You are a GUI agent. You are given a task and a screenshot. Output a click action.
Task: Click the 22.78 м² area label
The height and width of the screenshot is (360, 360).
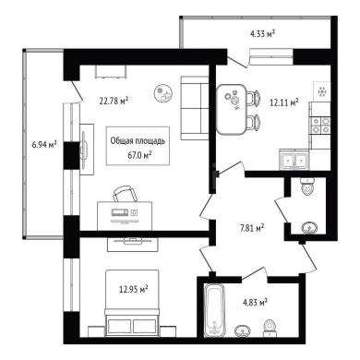[x=114, y=101]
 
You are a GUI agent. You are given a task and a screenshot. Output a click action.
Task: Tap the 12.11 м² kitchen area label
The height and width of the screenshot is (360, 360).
[x=284, y=102]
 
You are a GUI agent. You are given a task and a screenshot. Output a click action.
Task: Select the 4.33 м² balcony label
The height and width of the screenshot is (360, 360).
[x=262, y=33]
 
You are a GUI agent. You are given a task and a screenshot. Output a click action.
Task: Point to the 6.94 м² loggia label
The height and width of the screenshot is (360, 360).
[x=44, y=144]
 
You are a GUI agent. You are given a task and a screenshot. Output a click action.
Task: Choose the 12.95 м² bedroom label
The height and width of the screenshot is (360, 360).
[x=134, y=289]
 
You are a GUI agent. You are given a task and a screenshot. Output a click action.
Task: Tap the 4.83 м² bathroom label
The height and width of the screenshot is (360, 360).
[x=255, y=302]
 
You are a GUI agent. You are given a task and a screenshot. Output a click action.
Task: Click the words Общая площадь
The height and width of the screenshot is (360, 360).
[x=138, y=141]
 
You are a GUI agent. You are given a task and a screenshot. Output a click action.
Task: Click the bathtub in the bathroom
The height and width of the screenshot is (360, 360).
[x=215, y=310]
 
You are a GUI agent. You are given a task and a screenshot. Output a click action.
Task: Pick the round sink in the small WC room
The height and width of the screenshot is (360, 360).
[x=310, y=228]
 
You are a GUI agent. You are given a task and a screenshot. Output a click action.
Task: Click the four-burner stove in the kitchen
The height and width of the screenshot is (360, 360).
[x=320, y=126]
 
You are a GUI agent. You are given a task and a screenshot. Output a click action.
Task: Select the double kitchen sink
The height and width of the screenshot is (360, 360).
[x=294, y=160]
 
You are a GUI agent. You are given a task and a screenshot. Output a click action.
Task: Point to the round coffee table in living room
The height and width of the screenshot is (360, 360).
[x=163, y=93]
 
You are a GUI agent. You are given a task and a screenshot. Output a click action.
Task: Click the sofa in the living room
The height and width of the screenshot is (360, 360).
[x=195, y=108]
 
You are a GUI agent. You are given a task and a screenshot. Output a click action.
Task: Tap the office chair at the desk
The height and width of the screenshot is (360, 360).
[x=125, y=194]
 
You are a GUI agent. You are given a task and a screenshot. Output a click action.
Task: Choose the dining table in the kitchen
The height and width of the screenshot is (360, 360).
[x=232, y=110]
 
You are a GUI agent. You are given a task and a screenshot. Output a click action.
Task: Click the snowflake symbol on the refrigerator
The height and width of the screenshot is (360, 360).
[x=322, y=91]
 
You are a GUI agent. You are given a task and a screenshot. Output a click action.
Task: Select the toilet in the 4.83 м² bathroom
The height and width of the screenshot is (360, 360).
[x=270, y=328]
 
